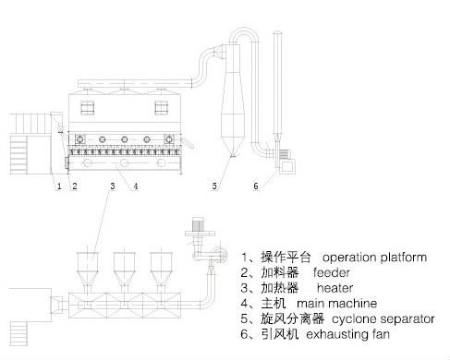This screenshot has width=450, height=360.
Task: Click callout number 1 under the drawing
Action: (x=59, y=186)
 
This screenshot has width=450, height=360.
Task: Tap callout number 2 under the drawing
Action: (x=75, y=186)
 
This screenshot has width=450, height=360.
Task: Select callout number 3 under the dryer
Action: (x=113, y=186)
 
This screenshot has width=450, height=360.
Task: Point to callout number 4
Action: (x=136, y=186)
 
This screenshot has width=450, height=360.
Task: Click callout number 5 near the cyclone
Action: (x=214, y=186)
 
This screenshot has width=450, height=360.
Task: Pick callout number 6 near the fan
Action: (x=256, y=186)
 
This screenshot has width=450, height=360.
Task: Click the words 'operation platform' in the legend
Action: (x=374, y=258)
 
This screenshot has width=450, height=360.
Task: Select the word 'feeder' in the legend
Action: (x=332, y=272)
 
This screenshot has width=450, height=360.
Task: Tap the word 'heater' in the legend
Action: (x=334, y=288)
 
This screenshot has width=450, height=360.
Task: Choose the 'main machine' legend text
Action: (x=336, y=304)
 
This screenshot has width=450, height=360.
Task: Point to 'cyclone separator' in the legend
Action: (x=383, y=318)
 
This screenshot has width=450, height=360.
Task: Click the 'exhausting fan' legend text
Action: (x=348, y=334)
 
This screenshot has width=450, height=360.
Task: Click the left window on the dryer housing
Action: (x=88, y=108)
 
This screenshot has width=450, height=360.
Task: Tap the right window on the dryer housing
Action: (x=162, y=108)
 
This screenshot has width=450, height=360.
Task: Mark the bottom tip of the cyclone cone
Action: (x=233, y=156)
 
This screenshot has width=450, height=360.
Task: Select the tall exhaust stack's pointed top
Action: (x=277, y=32)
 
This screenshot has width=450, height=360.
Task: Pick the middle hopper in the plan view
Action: (x=124, y=269)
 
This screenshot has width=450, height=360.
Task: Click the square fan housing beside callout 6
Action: (x=287, y=166)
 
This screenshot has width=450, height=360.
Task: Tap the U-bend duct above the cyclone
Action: (x=244, y=30)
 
